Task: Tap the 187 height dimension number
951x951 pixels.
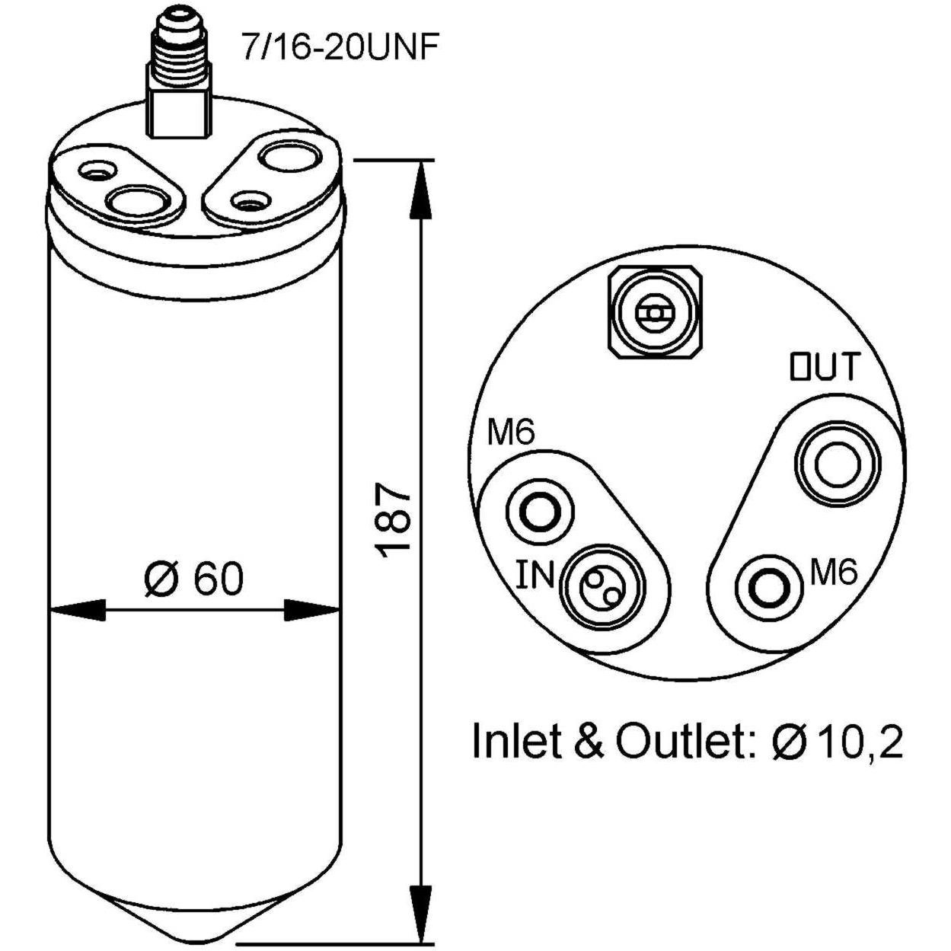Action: coord(393,519)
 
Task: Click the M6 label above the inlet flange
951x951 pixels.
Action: coord(510,433)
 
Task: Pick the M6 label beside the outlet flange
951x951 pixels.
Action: coord(834,573)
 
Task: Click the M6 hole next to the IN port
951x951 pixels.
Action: coord(540,513)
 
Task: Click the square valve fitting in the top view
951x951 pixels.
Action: coord(655,314)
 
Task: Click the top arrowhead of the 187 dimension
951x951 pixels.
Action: coord(421,190)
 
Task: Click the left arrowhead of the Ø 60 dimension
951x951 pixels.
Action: coord(78,611)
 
